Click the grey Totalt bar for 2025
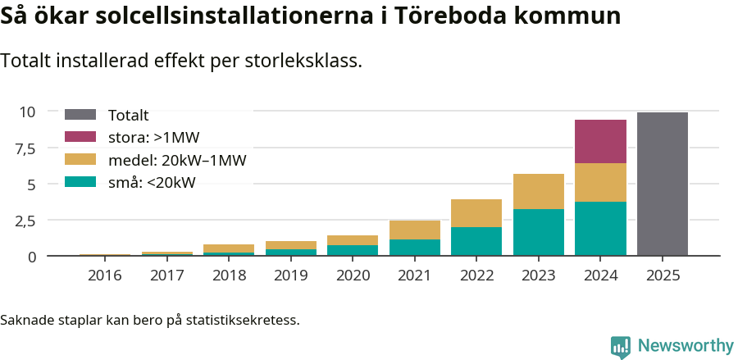[662, 185]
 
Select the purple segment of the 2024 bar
[600, 141]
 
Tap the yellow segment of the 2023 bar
[538, 191]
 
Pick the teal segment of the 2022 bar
[476, 241]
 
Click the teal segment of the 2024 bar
[600, 229]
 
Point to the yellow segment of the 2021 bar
[414, 230]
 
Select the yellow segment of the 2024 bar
[600, 182]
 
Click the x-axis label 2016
[104, 275]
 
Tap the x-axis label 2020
[352, 275]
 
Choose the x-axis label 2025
[662, 275]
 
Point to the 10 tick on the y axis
[28, 112]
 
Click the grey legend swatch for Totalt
[80, 116]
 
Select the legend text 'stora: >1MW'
[153, 138]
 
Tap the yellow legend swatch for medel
[80, 160]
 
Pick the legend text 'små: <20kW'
[152, 183]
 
